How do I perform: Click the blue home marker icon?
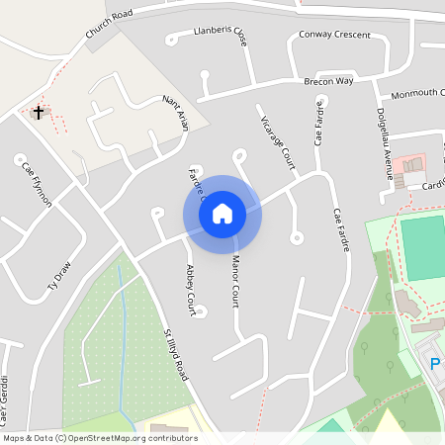pyautogui.click(x=222, y=213)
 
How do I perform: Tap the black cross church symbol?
pyautogui.click(x=40, y=112)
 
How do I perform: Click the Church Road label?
pyautogui.click(x=108, y=27)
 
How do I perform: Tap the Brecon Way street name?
pyautogui.click(x=328, y=80)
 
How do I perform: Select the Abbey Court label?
pyautogui.click(x=194, y=285)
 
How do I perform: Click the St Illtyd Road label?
pyautogui.click(x=176, y=356)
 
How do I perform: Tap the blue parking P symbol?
pyautogui.click(x=435, y=365)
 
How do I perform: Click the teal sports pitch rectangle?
pyautogui.click(x=423, y=247)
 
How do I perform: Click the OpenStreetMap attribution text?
pyautogui.click(x=100, y=438)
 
